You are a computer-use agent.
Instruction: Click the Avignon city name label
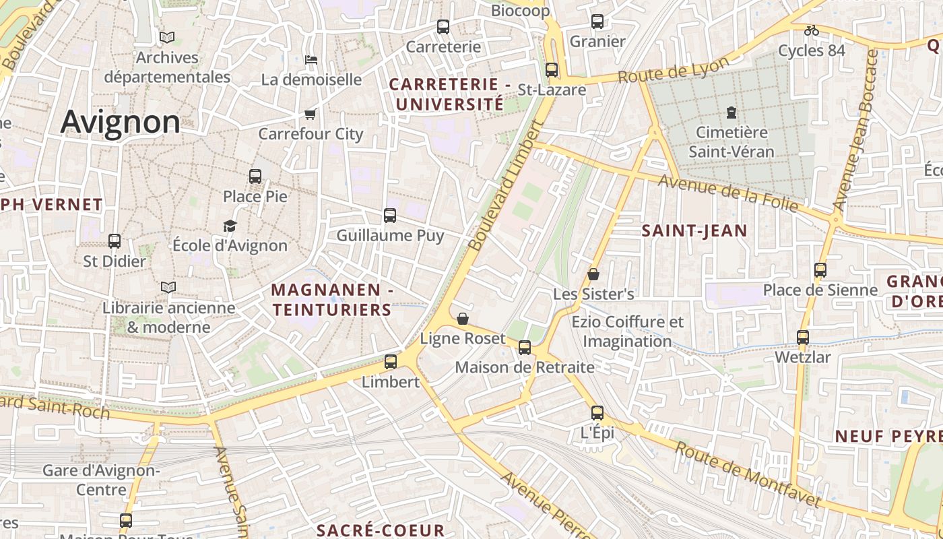[121, 123]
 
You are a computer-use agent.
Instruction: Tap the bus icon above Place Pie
[255, 177]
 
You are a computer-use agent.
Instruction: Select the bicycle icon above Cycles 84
[812, 30]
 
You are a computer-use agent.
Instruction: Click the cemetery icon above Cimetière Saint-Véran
[731, 112]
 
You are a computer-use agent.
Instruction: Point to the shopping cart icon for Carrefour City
[311, 114]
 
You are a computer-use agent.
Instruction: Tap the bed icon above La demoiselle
[311, 60]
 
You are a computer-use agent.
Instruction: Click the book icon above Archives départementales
[167, 38]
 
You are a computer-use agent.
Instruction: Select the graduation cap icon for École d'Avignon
[230, 226]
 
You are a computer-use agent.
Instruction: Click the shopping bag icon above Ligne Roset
[463, 319]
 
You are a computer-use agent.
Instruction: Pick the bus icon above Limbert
[391, 362]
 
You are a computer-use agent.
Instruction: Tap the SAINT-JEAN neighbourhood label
[694, 231]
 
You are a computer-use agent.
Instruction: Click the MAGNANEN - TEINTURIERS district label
[331, 300]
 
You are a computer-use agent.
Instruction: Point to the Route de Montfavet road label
[748, 475]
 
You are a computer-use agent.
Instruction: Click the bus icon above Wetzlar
[803, 337]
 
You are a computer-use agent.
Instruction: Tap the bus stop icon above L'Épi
[597, 413]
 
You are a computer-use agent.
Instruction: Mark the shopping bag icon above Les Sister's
[593, 274]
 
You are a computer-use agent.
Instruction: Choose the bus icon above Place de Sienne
[820, 270]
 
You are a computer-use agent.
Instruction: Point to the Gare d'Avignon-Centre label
[101, 479]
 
